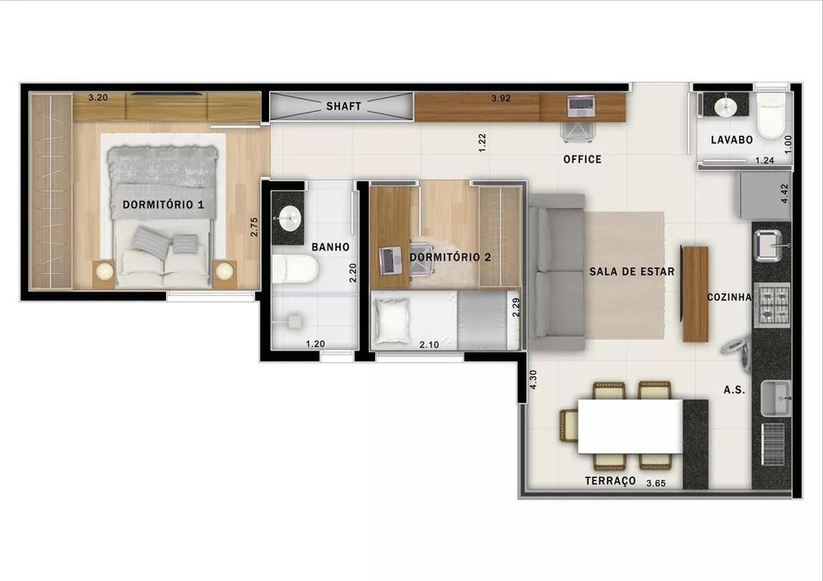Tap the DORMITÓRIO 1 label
pyautogui.click(x=163, y=204)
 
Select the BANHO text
pyautogui.click(x=330, y=247)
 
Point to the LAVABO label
pyautogui.click(x=732, y=140)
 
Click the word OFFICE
pyautogui.click(x=582, y=159)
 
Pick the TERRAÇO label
pyautogui.click(x=610, y=481)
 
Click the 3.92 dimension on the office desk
pyautogui.click(x=501, y=98)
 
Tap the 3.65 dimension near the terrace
pyautogui.click(x=656, y=483)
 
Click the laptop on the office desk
pyautogui.click(x=580, y=105)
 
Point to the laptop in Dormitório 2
pyautogui.click(x=389, y=260)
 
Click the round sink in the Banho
pyautogui.click(x=289, y=219)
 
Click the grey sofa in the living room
pyautogui.click(x=556, y=272)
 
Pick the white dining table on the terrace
pyautogui.click(x=630, y=425)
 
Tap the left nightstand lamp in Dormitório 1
pyautogui.click(x=104, y=270)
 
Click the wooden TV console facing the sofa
pyautogui.click(x=695, y=294)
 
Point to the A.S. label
pyautogui.click(x=734, y=390)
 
